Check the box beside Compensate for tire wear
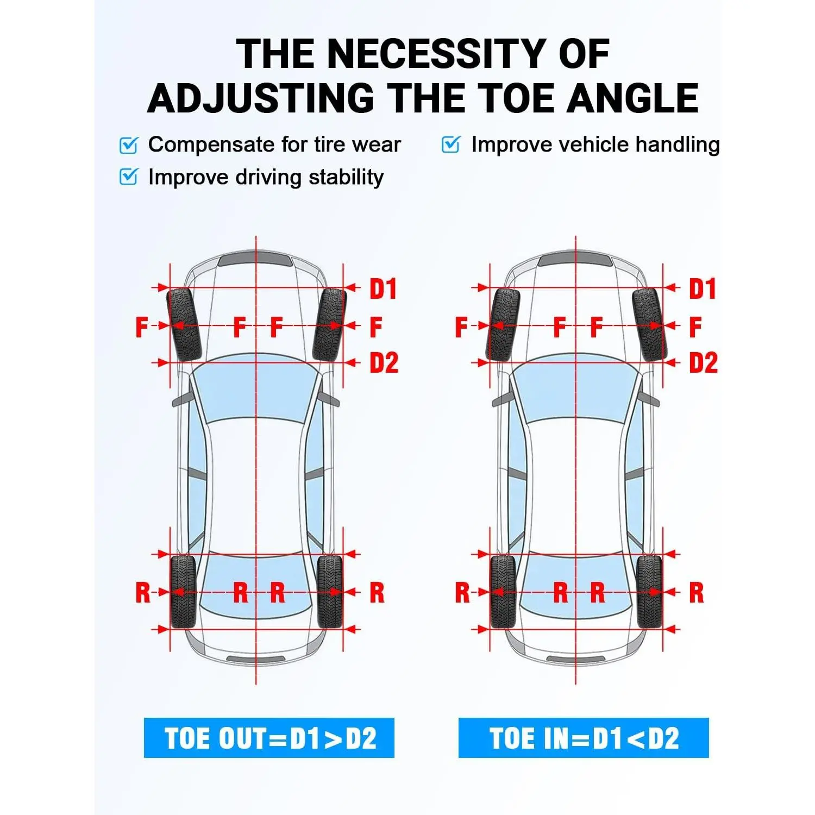(x=129, y=145)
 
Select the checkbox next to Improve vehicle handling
(x=451, y=145)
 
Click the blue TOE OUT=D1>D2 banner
(x=269, y=738)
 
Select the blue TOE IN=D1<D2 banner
(x=584, y=738)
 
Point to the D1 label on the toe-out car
(x=383, y=289)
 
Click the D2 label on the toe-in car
(x=703, y=362)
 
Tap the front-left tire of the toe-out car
(x=185, y=324)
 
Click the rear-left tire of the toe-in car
(x=503, y=591)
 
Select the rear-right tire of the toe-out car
(x=329, y=591)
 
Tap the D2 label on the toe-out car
(x=384, y=362)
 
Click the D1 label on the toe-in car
(x=703, y=289)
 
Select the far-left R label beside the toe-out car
(x=142, y=593)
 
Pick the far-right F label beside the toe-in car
(x=695, y=327)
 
